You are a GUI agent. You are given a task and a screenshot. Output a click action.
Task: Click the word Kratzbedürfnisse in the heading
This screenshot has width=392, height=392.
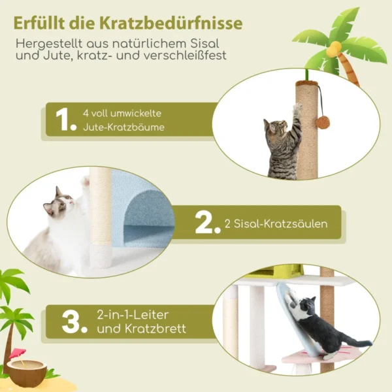[x=171, y=24]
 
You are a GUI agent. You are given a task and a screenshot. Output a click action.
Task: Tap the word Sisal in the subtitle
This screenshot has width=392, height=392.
[x=205, y=43]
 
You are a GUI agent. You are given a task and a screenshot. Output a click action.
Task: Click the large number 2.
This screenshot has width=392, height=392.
[x=208, y=223]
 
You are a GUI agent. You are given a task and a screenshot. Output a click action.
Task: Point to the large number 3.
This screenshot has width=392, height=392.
[x=74, y=322]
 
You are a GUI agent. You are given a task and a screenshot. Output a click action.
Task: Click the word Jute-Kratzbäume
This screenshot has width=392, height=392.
[x=123, y=127]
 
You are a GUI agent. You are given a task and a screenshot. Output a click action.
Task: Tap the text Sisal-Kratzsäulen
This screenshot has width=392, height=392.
[x=276, y=223]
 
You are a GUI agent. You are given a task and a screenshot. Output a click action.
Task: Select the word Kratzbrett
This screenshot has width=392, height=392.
[x=142, y=329]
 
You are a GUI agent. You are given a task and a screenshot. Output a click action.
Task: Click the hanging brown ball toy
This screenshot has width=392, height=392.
[x=323, y=122]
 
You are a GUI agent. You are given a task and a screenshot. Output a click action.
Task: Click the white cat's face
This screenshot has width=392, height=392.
[x=61, y=202]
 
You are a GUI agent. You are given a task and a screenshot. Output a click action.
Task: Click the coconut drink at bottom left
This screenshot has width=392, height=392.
[x=27, y=370]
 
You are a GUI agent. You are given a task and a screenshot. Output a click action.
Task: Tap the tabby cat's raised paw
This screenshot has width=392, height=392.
[x=297, y=108]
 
